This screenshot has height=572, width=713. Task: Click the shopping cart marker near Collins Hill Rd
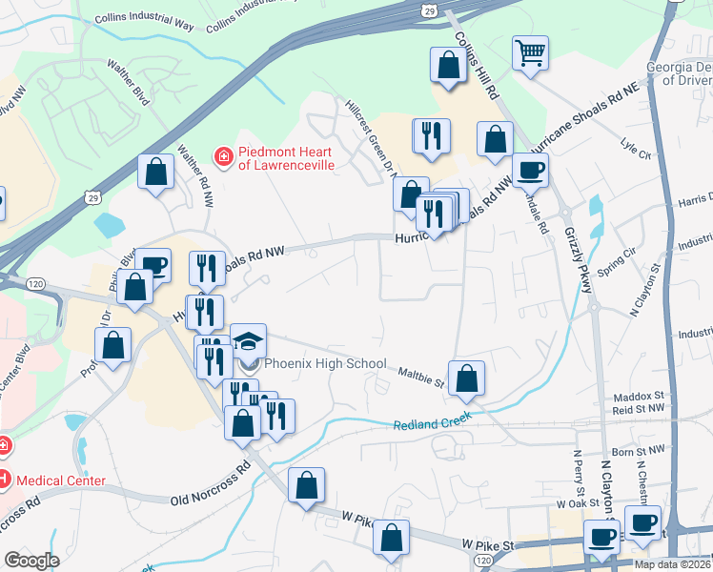(x=530, y=53)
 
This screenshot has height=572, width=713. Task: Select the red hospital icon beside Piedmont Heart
(x=223, y=154)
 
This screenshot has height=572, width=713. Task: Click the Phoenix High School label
(x=325, y=363)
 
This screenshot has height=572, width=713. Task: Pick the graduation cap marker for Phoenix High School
(x=248, y=342)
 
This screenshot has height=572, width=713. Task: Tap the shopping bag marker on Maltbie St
(x=466, y=378)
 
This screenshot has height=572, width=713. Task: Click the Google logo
(x=31, y=561)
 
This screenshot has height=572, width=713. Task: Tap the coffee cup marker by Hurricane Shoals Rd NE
(x=530, y=171)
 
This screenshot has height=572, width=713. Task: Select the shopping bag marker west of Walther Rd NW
(x=155, y=174)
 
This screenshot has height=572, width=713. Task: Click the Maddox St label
(x=638, y=395)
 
